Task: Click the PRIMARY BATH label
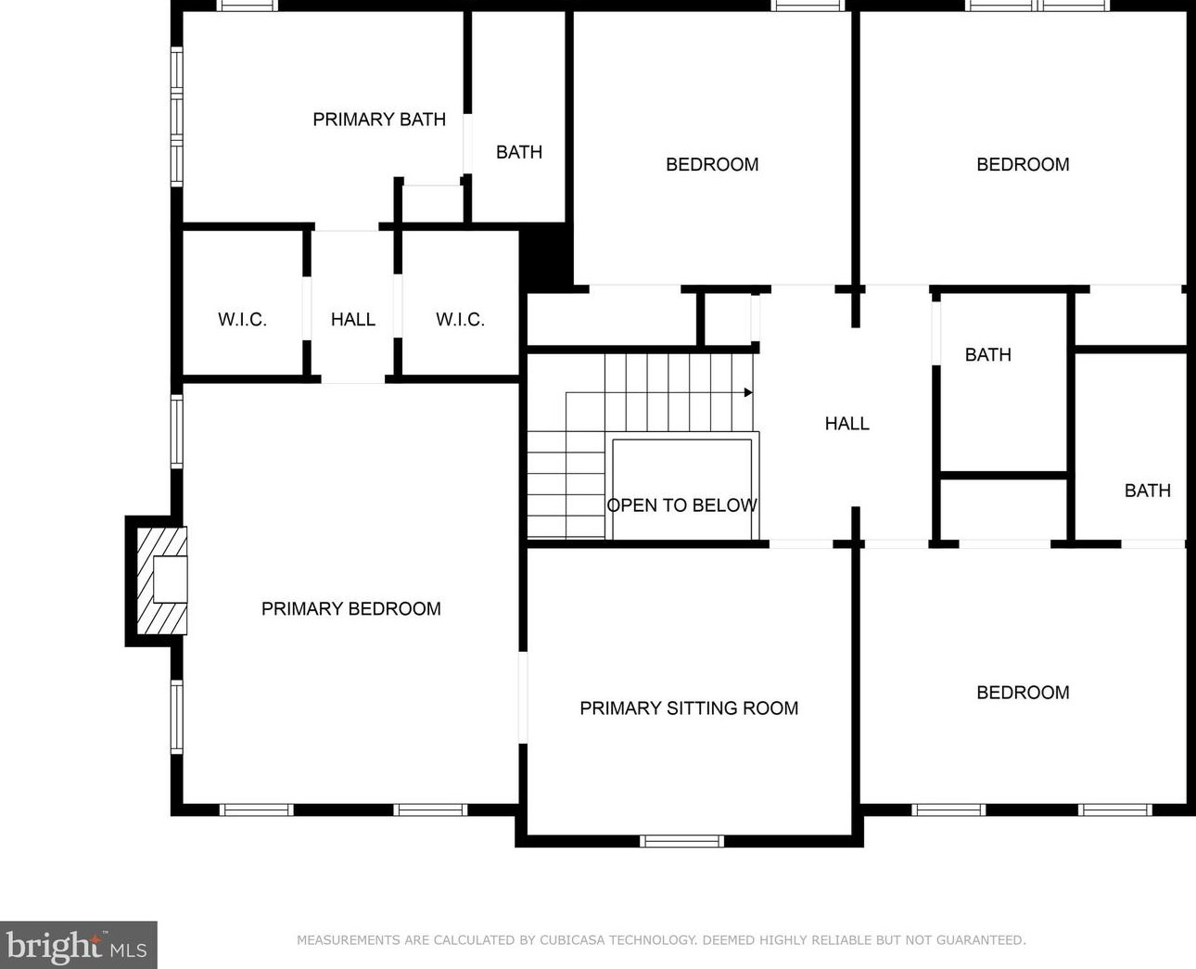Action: (379, 120)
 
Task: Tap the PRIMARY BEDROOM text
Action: (351, 608)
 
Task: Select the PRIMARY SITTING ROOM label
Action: (689, 708)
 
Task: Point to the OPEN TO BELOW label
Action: (681, 505)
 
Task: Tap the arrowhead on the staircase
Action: (748, 392)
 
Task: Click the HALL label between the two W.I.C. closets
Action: (352, 319)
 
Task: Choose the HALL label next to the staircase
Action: (846, 424)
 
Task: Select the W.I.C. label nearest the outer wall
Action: (242, 319)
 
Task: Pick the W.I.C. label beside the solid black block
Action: (460, 319)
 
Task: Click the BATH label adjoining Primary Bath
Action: (519, 152)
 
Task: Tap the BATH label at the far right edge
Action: (1147, 491)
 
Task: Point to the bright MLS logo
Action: (78, 945)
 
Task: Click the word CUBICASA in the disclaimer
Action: (572, 940)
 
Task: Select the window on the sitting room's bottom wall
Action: (681, 841)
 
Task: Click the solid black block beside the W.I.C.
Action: (545, 257)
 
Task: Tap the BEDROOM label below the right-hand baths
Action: (1023, 693)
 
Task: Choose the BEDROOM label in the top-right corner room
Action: (1023, 164)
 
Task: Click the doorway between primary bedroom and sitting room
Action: (523, 697)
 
